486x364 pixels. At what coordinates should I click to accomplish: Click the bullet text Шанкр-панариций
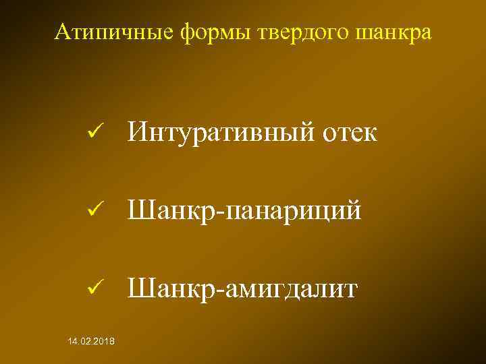[x=244, y=211]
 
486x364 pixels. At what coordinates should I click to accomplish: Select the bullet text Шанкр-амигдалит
[x=244, y=289]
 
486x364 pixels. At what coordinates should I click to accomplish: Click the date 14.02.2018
[x=91, y=343]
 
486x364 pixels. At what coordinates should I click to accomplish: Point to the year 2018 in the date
[x=104, y=343]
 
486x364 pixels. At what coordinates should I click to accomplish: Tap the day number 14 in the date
[x=72, y=343]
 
